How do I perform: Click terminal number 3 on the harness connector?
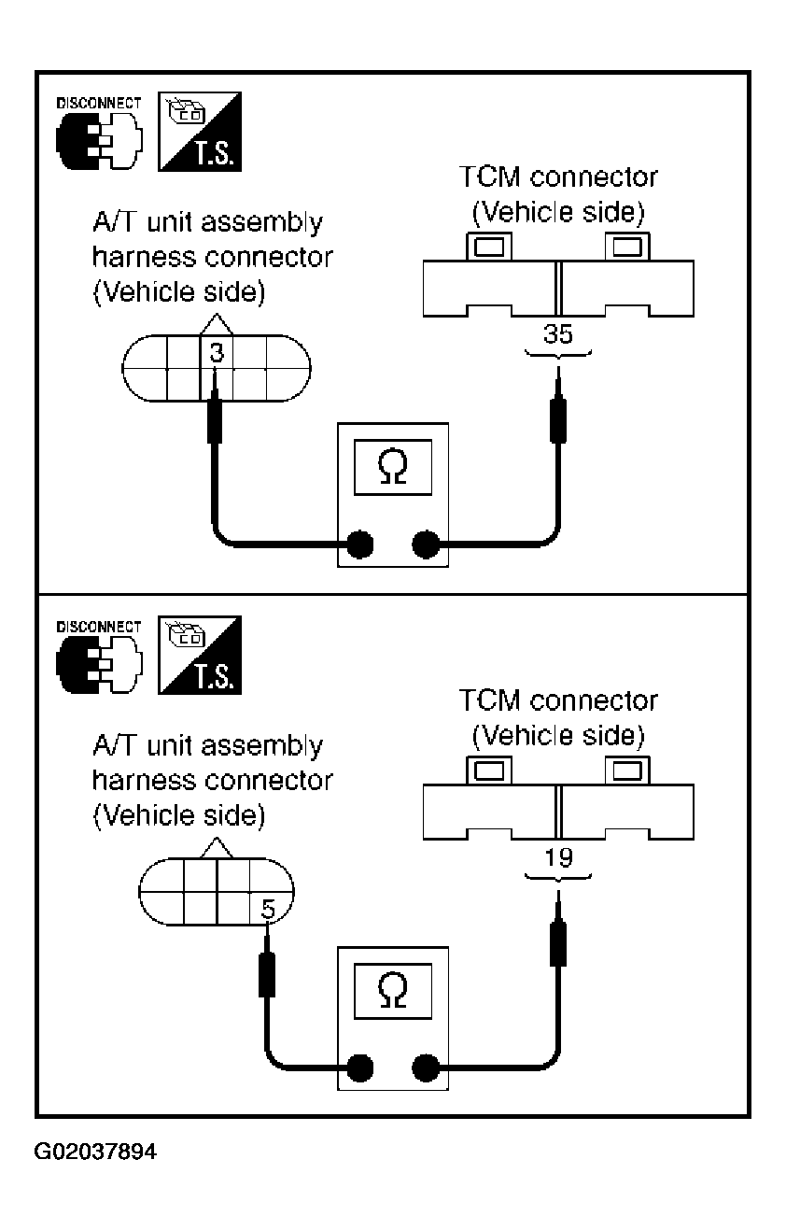217,352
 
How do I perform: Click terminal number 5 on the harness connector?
268,909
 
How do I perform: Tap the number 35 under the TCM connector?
558,333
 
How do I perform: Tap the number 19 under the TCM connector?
559,857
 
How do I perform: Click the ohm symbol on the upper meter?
392,467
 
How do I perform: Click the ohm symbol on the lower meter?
392,990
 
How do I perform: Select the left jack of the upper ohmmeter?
359,544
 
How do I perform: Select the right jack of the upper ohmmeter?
426,544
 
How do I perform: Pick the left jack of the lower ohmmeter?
359,1068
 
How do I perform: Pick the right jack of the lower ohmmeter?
426,1068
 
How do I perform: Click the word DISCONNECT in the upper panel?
99,104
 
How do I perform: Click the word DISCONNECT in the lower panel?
99,627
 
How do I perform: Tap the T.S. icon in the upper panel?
200,132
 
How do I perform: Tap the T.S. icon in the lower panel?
200,655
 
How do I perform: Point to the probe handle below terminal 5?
267,975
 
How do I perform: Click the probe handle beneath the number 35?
558,420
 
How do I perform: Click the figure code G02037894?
95,1152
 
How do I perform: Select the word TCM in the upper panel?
489,177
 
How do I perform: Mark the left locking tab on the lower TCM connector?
489,771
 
